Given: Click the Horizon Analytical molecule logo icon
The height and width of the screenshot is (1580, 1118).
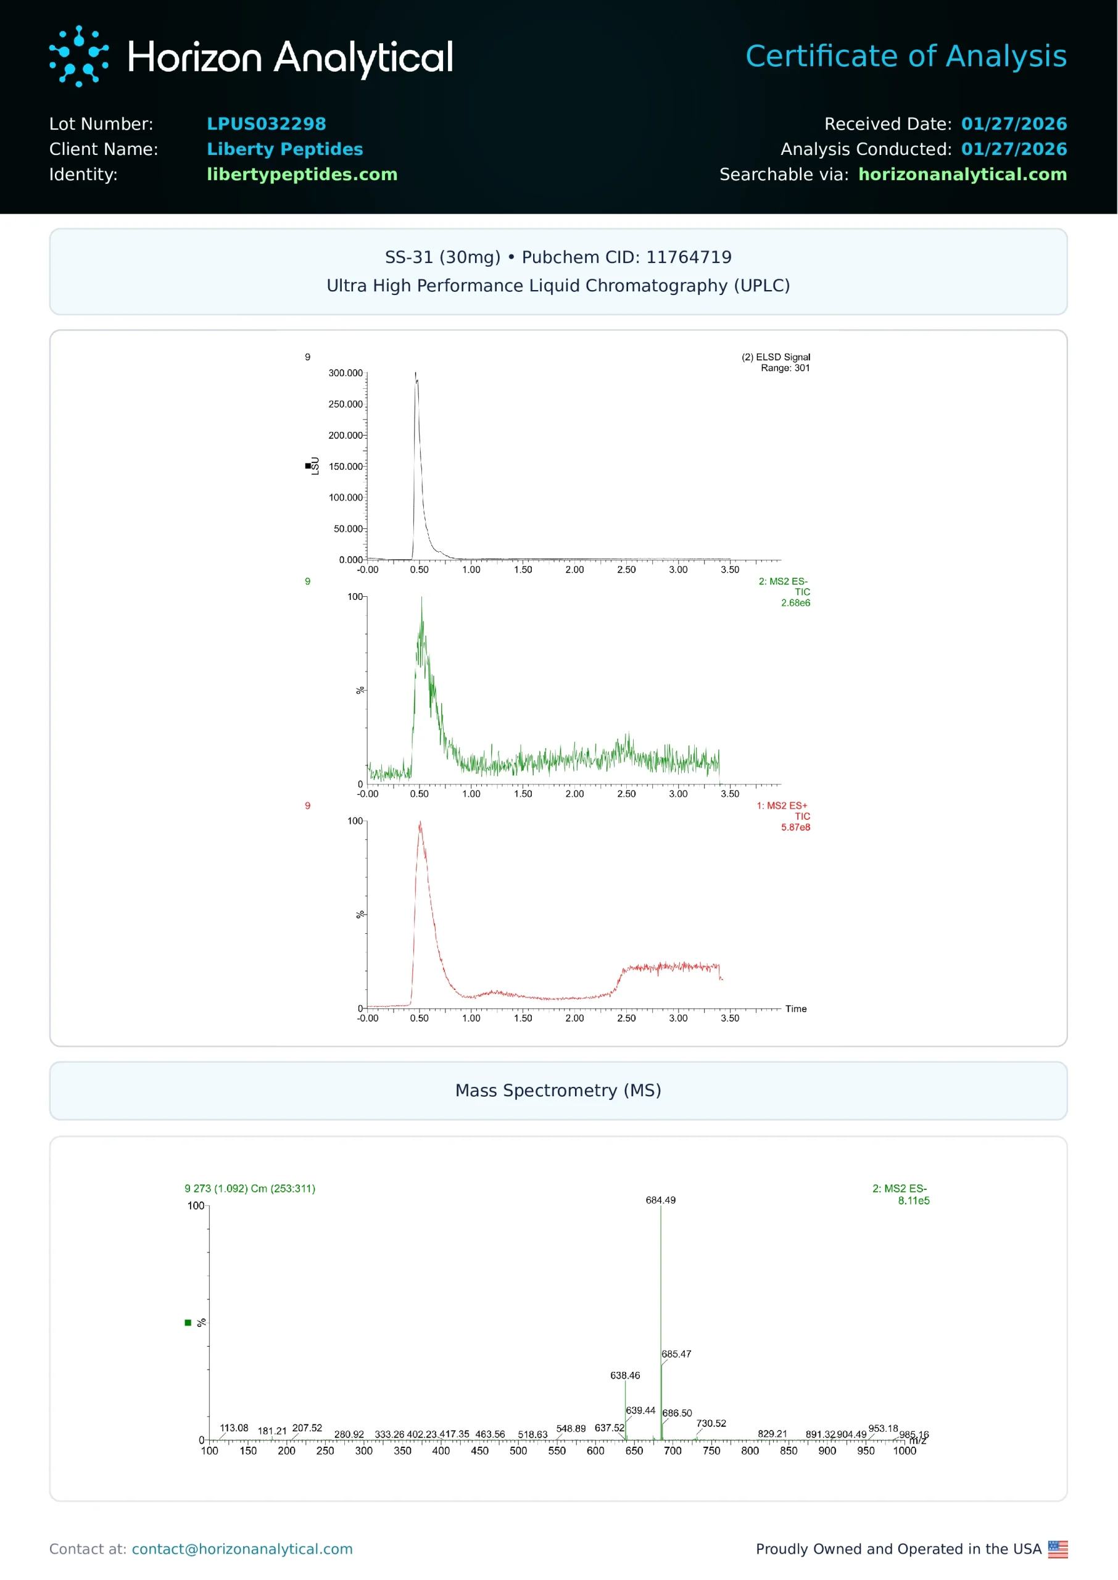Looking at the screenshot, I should pyautogui.click(x=78, y=56).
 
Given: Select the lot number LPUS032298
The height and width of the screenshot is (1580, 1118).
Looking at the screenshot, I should pyautogui.click(x=267, y=124).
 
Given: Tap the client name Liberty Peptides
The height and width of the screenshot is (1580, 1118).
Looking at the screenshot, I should pyautogui.click(x=284, y=149).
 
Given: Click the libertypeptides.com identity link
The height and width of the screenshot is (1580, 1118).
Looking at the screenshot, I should pyautogui.click(x=302, y=174).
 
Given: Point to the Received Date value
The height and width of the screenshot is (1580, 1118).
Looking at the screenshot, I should pyautogui.click(x=1013, y=124).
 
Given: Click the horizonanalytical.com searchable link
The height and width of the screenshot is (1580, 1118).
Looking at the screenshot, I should pyautogui.click(x=962, y=174).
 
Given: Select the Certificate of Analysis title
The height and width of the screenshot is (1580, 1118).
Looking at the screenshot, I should pyautogui.click(x=905, y=56).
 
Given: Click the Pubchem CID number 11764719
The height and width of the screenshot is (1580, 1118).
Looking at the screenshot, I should pyautogui.click(x=689, y=257).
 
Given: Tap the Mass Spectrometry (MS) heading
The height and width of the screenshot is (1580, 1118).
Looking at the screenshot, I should pyautogui.click(x=558, y=1091).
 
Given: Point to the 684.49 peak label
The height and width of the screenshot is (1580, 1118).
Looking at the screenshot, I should pyautogui.click(x=660, y=1200).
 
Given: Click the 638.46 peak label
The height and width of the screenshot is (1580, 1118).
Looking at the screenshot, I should pyautogui.click(x=624, y=1376).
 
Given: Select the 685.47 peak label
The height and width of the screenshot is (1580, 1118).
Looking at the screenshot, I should pyautogui.click(x=676, y=1354).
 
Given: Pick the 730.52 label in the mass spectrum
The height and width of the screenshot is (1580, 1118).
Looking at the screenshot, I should pyautogui.click(x=710, y=1424).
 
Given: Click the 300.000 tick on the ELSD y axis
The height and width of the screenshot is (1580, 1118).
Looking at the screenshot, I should pyautogui.click(x=345, y=373).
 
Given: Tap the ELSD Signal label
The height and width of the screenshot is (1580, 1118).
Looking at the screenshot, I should pyautogui.click(x=775, y=357).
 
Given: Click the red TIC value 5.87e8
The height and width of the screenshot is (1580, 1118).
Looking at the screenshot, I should pyautogui.click(x=795, y=827).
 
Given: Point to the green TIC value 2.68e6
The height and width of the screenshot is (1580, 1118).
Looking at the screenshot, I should pyautogui.click(x=795, y=602).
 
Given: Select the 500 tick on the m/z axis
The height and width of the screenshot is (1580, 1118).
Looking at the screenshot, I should pyautogui.click(x=518, y=1451).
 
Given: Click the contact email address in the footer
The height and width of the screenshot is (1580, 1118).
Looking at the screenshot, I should pyautogui.click(x=242, y=1549).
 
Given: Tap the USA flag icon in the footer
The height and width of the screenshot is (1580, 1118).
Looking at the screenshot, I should pyautogui.click(x=1058, y=1549).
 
